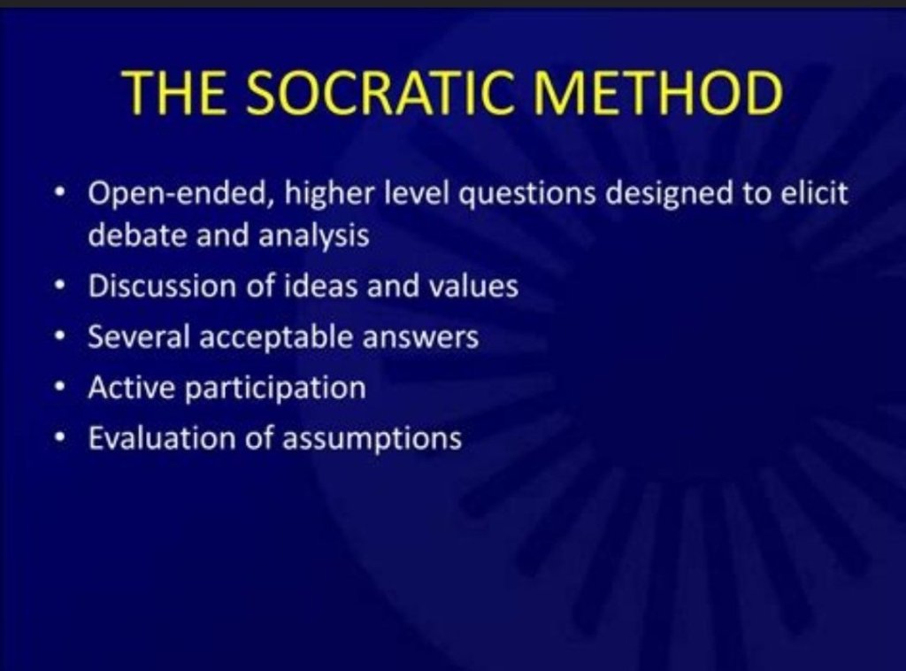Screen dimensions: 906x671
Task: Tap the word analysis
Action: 314,235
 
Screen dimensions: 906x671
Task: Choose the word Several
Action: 139,336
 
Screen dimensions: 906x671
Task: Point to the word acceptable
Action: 276,337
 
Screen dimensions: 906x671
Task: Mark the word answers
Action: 420,337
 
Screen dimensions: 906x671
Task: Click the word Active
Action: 131,387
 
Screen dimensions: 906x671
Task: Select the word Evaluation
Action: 161,437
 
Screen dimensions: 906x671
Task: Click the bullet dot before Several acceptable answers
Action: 58,337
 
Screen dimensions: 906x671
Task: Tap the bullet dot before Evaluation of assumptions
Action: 58,438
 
